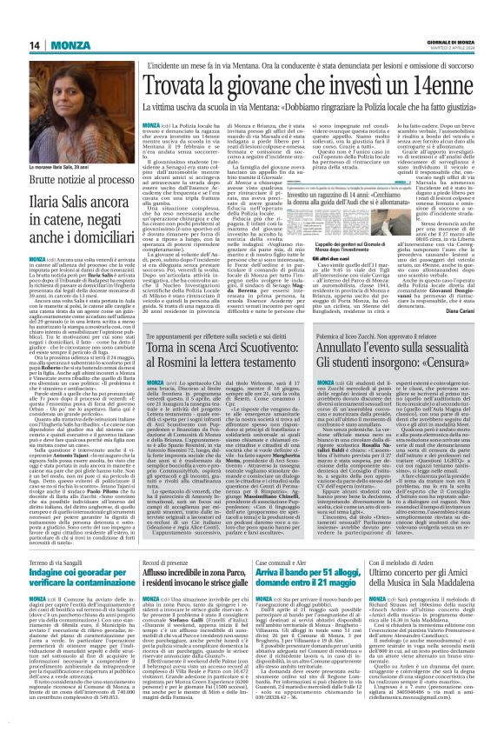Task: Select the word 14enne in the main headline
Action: click(451, 85)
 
